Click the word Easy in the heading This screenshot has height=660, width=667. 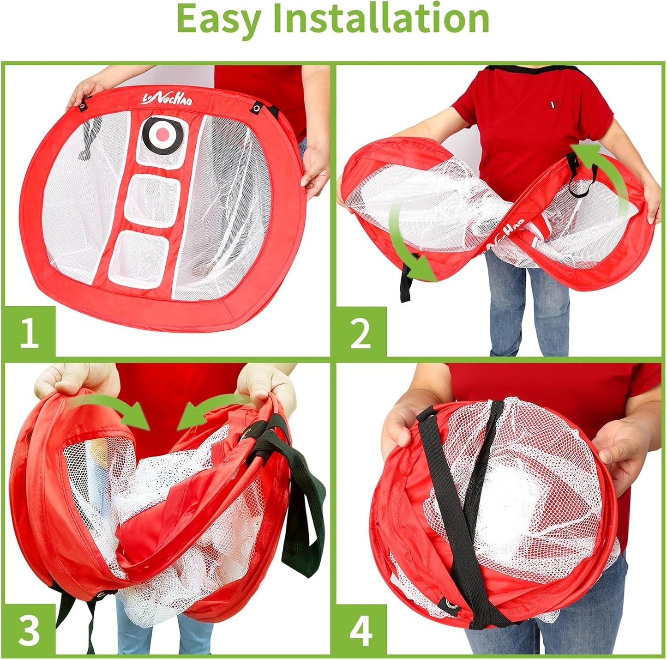219,19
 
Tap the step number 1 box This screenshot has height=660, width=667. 30,333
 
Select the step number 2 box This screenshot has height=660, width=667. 361,333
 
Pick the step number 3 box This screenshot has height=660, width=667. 30,630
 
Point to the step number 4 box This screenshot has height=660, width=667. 361,630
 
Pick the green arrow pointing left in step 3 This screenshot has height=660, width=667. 208,409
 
